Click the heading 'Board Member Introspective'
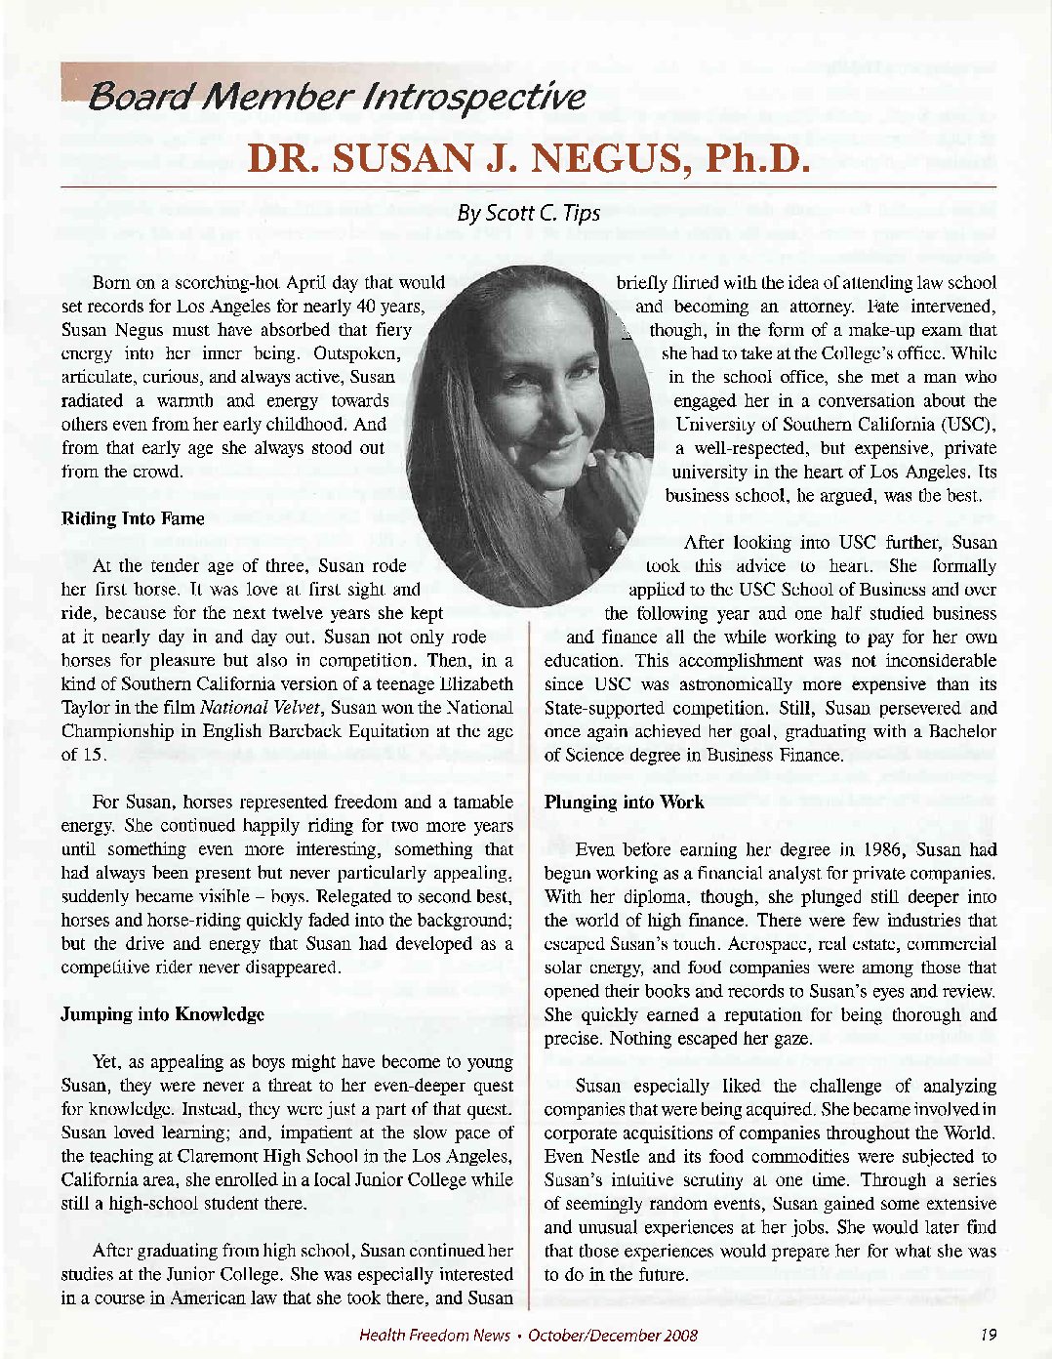point(337,97)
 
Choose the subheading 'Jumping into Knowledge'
point(162,1014)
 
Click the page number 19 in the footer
point(989,1335)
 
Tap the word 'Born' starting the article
point(110,283)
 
